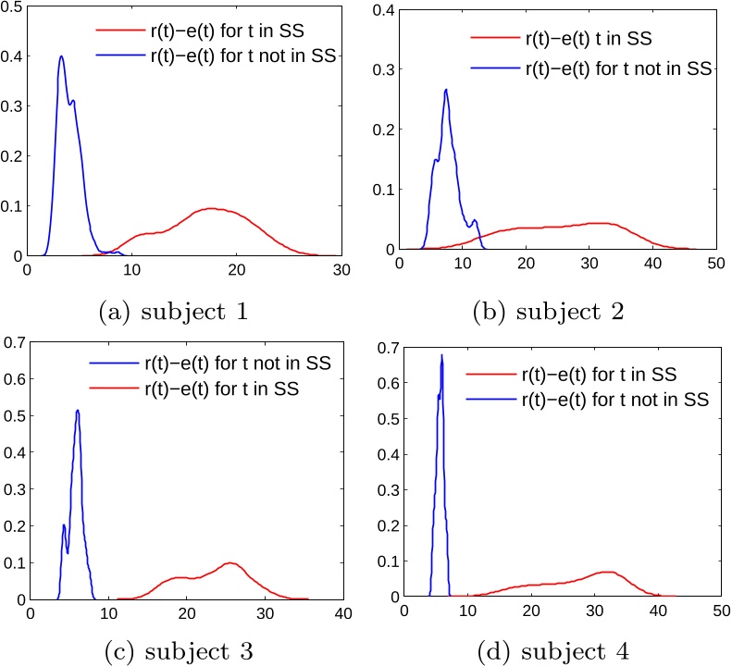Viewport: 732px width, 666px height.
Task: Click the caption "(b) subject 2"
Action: click(x=545, y=312)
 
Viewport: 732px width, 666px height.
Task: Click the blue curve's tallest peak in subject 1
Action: click(x=61, y=56)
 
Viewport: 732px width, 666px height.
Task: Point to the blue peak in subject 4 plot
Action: click(x=441, y=355)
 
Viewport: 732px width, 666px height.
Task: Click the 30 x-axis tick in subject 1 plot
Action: click(x=341, y=269)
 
